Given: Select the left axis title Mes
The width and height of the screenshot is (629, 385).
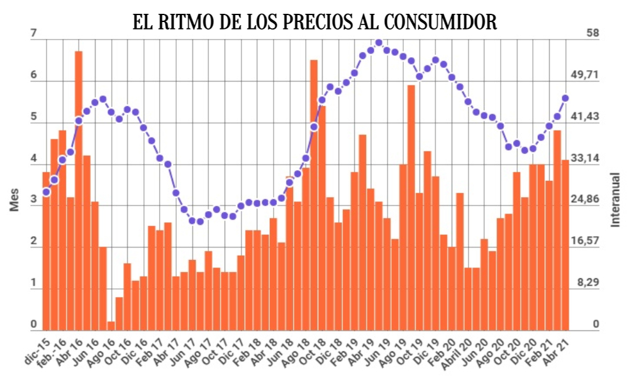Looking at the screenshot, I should pos(14,199).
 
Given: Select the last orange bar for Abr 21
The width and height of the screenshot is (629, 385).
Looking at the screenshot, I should pos(565,245).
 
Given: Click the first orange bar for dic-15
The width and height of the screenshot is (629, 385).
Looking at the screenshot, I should pos(46,251).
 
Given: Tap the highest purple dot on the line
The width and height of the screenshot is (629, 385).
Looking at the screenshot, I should pos(378,43).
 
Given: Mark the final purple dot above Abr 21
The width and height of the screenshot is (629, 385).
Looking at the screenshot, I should pos(565,98).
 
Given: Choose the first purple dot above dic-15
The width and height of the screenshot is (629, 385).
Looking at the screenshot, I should pos(46,192).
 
